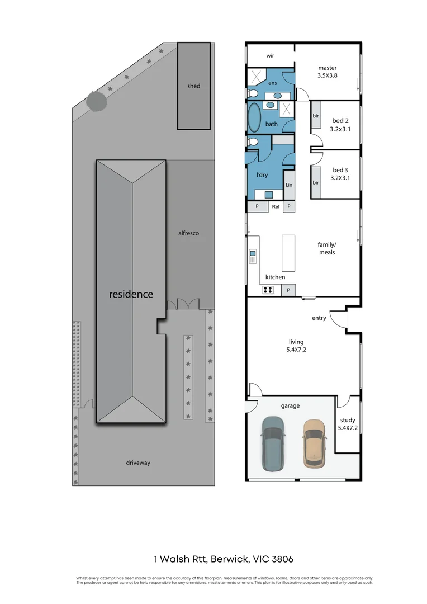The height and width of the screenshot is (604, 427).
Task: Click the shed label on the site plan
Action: (194, 86)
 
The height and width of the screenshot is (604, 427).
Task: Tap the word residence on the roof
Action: (131, 294)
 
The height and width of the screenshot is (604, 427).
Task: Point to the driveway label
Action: (137, 463)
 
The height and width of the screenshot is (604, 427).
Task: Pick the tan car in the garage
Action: (314, 443)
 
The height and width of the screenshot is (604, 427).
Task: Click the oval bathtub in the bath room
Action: (254, 117)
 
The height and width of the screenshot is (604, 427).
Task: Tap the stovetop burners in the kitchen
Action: (268, 290)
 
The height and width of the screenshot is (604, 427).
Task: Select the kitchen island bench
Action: (288, 253)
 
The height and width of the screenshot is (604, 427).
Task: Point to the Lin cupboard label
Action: (289, 185)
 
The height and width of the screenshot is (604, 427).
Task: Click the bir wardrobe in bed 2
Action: (316, 116)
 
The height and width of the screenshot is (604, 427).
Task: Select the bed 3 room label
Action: (340, 171)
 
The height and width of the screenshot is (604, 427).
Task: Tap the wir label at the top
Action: (270, 56)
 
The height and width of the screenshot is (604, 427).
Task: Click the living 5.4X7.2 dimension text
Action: (296, 351)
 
